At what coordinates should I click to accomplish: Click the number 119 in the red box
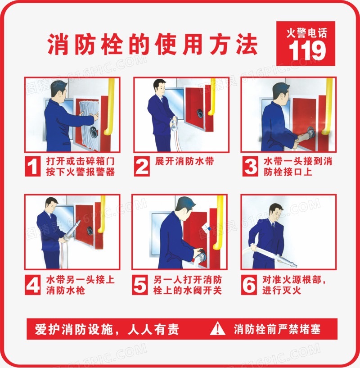point(307,50)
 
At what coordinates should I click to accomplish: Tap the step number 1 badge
point(33,166)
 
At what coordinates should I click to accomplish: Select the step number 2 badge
point(142,166)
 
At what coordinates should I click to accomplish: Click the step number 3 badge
point(250,166)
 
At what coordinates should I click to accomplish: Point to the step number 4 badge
point(33,285)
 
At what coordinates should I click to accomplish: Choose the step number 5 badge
point(140,285)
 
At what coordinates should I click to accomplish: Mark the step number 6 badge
point(249,285)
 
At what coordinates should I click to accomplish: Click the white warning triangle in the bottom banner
point(218,328)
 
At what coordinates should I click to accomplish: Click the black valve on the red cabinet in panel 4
point(90,231)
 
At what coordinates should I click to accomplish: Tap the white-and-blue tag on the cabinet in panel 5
point(207,227)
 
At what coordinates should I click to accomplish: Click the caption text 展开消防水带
point(184,161)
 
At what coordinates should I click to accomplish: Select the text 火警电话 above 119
point(306,33)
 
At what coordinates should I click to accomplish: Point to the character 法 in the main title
point(247,44)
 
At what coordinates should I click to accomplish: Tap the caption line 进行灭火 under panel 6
point(281,291)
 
